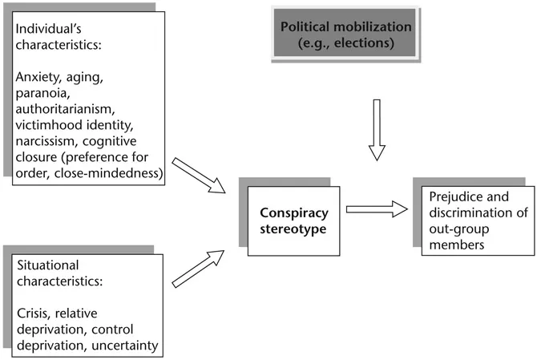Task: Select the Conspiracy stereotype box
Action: click(293, 220)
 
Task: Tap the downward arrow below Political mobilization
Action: click(376, 129)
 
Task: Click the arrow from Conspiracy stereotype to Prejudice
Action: click(375, 210)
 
